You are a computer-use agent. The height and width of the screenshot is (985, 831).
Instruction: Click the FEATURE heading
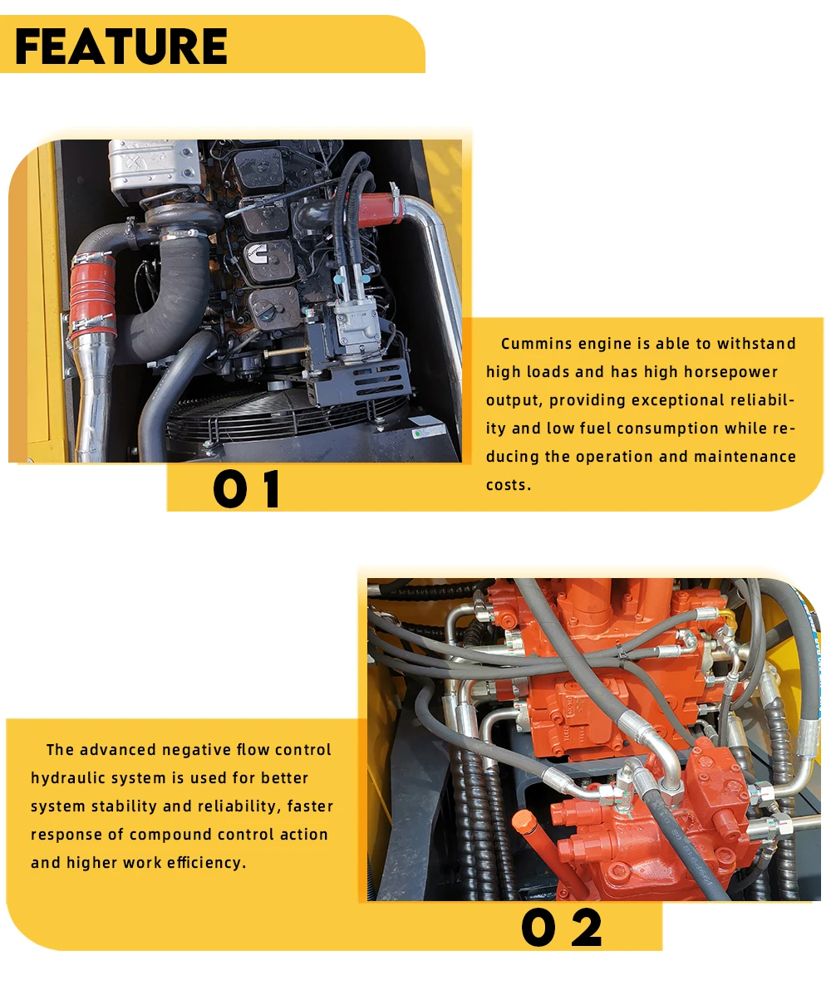pos(120,47)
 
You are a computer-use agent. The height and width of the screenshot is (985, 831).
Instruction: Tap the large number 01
pos(247,489)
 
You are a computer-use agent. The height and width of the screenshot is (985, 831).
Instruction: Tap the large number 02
pos(561,928)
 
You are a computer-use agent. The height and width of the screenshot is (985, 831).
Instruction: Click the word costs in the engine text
pos(508,485)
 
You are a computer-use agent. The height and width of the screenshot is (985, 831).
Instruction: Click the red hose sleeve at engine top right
pos(378,210)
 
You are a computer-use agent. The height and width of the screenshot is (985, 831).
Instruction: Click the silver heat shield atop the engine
pos(153,165)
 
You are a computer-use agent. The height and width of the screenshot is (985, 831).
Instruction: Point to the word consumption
pos(667,429)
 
